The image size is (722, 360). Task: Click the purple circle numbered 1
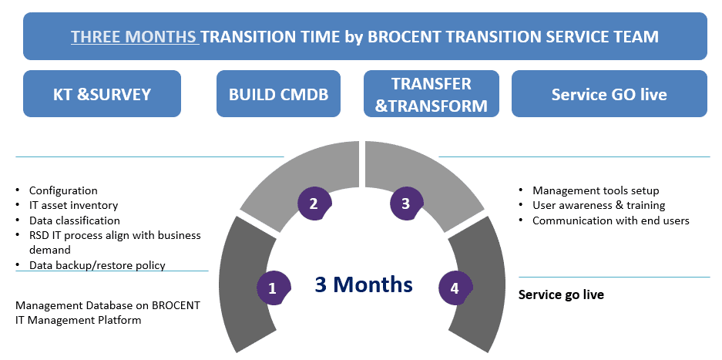pyautogui.click(x=273, y=288)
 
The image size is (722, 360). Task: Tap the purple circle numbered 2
pyautogui.click(x=314, y=204)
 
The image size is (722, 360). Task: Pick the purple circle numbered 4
pyautogui.click(x=455, y=288)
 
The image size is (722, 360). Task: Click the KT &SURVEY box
pyautogui.click(x=102, y=93)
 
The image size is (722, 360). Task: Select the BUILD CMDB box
pyautogui.click(x=279, y=93)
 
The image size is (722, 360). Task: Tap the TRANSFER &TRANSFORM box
pyautogui.click(x=432, y=93)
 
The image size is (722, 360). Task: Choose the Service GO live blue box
pyautogui.click(x=610, y=93)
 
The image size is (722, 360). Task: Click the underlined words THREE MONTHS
pyautogui.click(x=134, y=37)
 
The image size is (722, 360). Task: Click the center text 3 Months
pyautogui.click(x=363, y=284)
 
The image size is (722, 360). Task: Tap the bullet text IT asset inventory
pyautogui.click(x=74, y=205)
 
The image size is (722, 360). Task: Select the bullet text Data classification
pyautogui.click(x=75, y=220)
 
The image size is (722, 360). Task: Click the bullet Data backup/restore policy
pyautogui.click(x=97, y=265)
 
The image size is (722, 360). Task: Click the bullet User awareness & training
pyautogui.click(x=599, y=205)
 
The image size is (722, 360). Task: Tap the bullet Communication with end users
pyautogui.click(x=611, y=220)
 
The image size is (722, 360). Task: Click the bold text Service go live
pyautogui.click(x=561, y=294)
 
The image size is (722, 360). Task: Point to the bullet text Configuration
pyautogui.click(x=63, y=190)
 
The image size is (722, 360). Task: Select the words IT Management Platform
pyautogui.click(x=79, y=320)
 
